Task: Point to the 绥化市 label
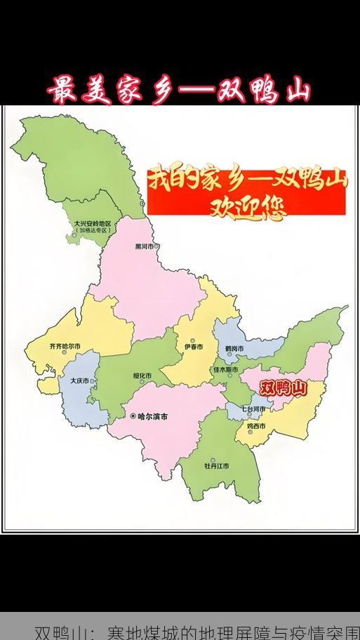[142, 375]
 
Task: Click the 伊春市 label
[193, 347]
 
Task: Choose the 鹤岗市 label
[234, 349]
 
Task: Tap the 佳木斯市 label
[225, 369]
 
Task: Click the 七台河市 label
[253, 408]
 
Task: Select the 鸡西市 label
[255, 425]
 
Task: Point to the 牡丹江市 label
[216, 465]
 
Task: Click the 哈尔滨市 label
[152, 416]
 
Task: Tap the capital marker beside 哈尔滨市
[133, 416]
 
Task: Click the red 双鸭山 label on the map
[284, 387]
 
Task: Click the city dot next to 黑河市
[157, 246]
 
